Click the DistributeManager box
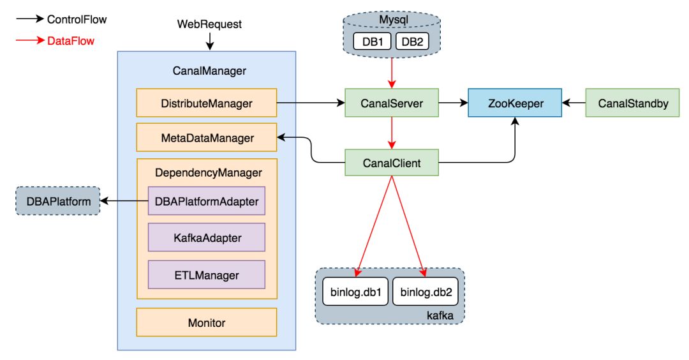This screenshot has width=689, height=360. [206, 103]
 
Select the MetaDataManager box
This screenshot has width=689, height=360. [206, 137]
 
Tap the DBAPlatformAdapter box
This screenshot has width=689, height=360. [206, 202]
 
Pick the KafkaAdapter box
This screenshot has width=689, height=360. [206, 238]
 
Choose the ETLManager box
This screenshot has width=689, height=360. [206, 275]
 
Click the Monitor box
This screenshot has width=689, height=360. [206, 322]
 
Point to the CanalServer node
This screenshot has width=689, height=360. [392, 103]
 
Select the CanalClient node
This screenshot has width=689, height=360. [392, 163]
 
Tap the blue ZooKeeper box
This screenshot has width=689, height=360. [515, 103]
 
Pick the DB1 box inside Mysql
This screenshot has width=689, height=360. [372, 41]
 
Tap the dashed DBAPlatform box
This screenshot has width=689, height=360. [57, 202]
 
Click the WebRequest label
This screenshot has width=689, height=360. [209, 24]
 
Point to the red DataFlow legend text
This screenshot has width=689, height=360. [70, 41]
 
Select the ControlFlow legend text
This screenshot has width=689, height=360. [77, 20]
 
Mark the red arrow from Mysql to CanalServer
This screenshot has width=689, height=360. [392, 74]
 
